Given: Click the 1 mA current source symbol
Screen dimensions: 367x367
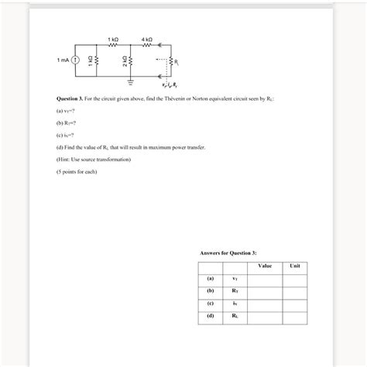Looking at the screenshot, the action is pos(75,60).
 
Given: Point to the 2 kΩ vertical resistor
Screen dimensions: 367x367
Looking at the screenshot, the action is pos(130,60).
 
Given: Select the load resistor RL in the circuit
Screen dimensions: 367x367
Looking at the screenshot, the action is pos(169,60).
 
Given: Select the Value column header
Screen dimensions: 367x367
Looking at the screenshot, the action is pos(265,266).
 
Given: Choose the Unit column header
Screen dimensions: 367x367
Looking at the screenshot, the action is pos(294,266).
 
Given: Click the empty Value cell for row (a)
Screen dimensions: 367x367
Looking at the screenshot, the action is pos(265,279).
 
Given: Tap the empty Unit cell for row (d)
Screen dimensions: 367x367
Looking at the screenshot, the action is pos(294,316).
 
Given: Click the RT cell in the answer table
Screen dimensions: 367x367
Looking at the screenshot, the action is pos(235,291).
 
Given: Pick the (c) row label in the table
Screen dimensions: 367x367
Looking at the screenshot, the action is pos(209,304).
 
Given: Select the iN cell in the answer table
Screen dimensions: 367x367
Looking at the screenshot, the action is pos(235,304).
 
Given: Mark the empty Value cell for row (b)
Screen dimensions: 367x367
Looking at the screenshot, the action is pos(265,291).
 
